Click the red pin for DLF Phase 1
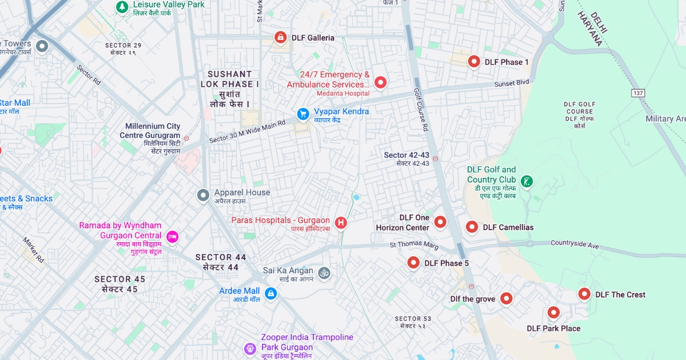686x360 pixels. [474, 61]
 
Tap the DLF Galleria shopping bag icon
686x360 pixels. [280, 37]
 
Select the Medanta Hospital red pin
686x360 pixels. [380, 82]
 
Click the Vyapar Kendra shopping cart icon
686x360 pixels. [303, 114]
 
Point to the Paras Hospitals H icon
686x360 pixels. [341, 222]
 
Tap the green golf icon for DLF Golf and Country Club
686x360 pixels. [527, 182]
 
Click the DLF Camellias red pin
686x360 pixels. [472, 227]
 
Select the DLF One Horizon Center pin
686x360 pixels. [440, 222]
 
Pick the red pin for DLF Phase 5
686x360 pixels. [413, 262]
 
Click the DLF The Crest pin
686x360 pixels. [584, 294]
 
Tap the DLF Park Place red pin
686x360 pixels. [553, 313]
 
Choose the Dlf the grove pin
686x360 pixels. [506, 298]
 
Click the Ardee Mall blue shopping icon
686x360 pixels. [271, 294]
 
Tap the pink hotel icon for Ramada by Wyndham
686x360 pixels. [171, 236]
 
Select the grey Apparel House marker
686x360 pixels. [203, 195]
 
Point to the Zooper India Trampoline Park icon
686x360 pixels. [250, 348]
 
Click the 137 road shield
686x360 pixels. [638, 93]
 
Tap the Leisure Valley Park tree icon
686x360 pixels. [121, 6]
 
